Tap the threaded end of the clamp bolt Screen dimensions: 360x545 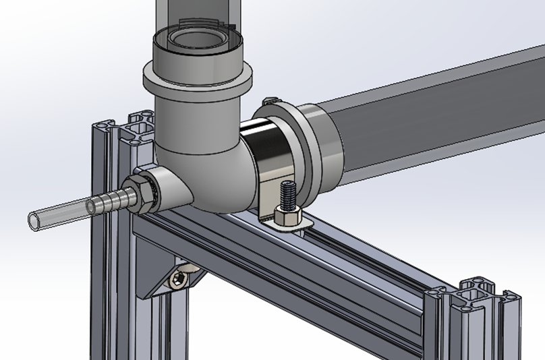[289, 193]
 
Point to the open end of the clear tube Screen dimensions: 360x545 [34, 218]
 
